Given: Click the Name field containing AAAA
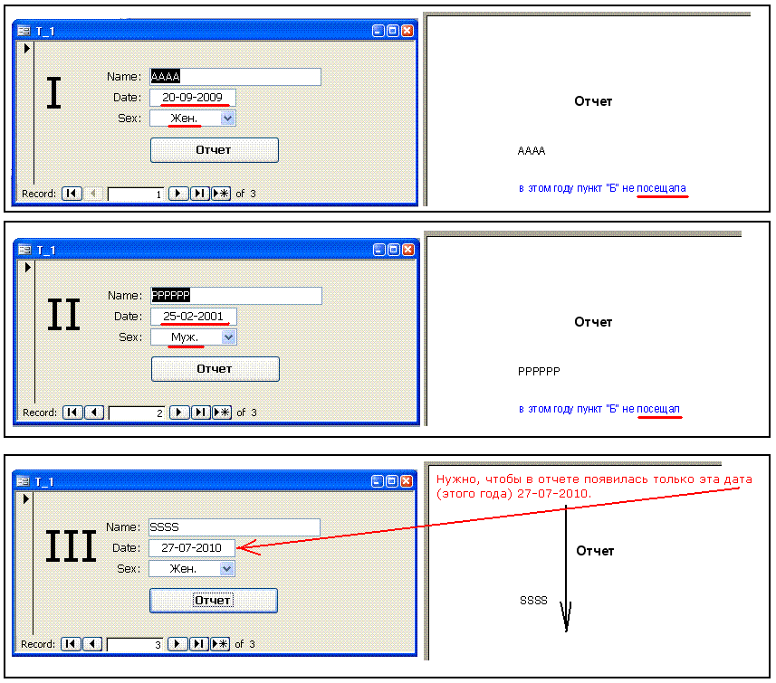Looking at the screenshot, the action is coord(235,77).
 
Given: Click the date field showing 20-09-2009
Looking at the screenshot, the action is coord(193,98).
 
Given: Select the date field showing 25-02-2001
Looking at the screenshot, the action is coord(194,317).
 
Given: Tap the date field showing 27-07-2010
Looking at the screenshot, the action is coord(192,548).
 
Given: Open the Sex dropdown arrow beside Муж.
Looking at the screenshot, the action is coord(228,337).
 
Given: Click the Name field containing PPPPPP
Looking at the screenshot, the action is coord(236,296).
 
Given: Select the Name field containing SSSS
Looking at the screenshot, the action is coord(235,527).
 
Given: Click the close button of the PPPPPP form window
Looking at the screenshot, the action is coord(408,250).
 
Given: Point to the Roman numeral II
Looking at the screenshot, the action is coord(64,315).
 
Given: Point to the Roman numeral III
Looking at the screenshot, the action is coord(71,546).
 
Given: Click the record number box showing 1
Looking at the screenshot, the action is coord(136,194).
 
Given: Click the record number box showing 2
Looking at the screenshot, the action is coord(137,413).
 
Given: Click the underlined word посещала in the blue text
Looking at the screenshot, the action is coord(661,188).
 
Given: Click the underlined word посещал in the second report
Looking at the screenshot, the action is coord(658,409).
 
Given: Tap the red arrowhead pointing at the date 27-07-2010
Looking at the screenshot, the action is coord(247,547).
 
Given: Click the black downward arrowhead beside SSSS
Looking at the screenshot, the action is coord(566,616).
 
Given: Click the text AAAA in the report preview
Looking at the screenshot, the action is coord(532,151).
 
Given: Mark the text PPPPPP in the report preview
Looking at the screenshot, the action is coord(539,372).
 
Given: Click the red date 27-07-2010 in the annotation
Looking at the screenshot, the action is coord(553,494).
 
